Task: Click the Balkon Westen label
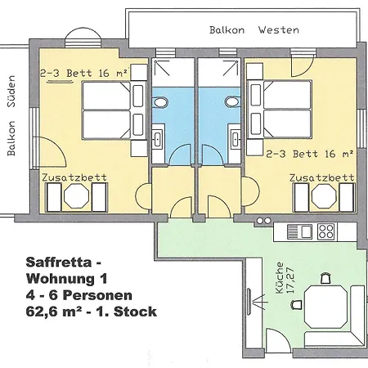coord(254,29)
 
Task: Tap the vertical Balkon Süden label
coord(11,115)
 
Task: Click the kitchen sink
coord(299,231)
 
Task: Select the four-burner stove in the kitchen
coord(325,231)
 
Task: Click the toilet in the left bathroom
coord(160,102)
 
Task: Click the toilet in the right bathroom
coord(232,102)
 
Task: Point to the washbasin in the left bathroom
coord(157,139)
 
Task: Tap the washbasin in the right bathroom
coord(236,139)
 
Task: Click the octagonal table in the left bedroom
coord(76,196)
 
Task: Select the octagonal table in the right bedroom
coord(324,196)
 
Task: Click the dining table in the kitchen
coord(325,307)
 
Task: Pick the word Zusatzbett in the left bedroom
coord(74,177)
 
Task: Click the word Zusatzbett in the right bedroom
coord(321,177)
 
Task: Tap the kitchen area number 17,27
coord(290,280)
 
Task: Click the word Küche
coord(280,278)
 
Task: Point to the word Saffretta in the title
coord(59,263)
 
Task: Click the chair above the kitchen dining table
coord(325,278)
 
